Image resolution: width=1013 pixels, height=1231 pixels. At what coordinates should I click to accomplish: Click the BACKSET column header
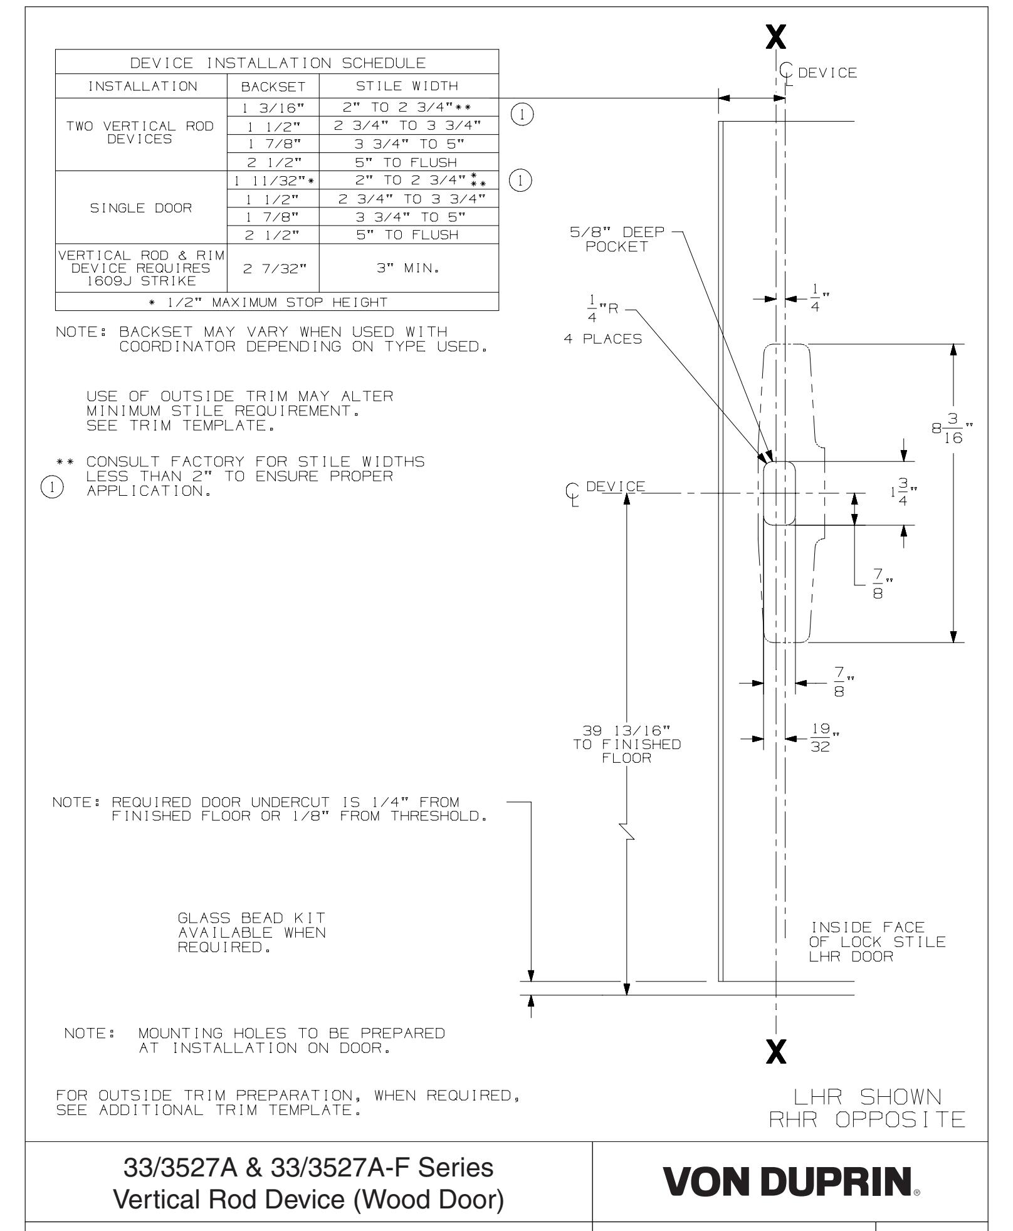(x=273, y=86)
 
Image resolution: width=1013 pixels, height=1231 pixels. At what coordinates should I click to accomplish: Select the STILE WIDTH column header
(x=408, y=86)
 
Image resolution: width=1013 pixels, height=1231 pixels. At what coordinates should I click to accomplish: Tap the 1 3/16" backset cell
(x=273, y=107)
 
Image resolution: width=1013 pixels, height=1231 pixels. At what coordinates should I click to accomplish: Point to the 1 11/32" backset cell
(x=273, y=181)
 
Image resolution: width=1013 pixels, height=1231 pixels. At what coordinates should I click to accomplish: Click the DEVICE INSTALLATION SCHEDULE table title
(x=276, y=63)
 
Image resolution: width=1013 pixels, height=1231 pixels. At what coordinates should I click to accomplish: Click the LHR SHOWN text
(x=867, y=1097)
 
